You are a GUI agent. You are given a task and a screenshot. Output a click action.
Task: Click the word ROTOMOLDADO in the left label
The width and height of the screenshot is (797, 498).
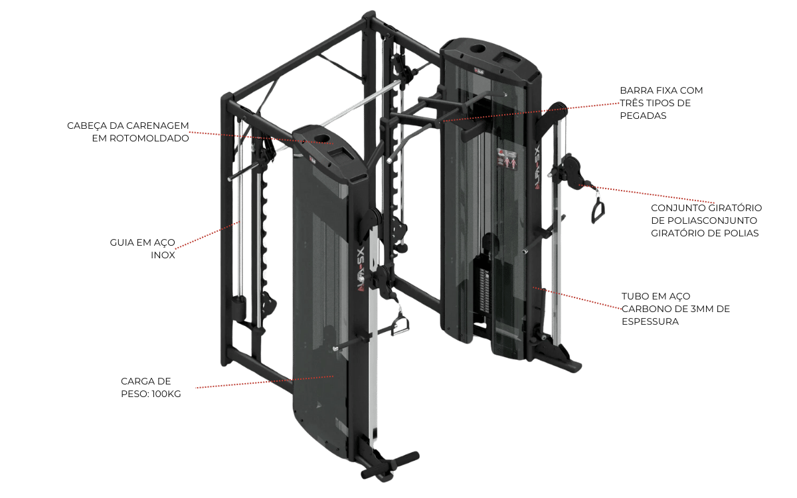pos(149,138)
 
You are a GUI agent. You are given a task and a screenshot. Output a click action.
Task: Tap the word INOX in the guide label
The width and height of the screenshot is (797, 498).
pos(163,255)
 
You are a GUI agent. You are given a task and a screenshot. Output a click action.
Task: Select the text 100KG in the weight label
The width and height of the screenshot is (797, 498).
pos(166,394)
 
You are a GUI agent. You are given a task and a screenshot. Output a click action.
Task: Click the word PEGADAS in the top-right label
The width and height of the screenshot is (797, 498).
pos(643,116)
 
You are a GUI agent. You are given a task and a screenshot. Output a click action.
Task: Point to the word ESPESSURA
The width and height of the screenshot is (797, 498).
pos(650,321)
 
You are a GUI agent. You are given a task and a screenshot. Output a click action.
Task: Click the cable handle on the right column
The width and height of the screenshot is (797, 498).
pos(598,210)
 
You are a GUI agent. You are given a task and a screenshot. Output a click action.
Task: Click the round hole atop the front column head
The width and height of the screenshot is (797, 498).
pos(323,138)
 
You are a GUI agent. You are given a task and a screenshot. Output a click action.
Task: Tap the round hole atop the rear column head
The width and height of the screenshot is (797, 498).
pos(479,48)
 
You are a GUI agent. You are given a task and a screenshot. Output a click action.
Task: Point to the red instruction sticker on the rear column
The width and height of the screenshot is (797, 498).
pos(507,159)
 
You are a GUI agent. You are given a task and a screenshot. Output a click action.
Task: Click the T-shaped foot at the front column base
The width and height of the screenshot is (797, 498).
pos(390,464)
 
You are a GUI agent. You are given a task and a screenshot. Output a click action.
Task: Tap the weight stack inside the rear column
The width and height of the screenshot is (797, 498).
pos(485,291)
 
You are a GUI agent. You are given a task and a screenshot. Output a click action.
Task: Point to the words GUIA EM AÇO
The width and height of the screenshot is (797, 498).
pos(142,242)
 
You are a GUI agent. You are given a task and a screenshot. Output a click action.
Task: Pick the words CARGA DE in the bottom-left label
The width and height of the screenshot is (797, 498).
pos(146,381)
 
